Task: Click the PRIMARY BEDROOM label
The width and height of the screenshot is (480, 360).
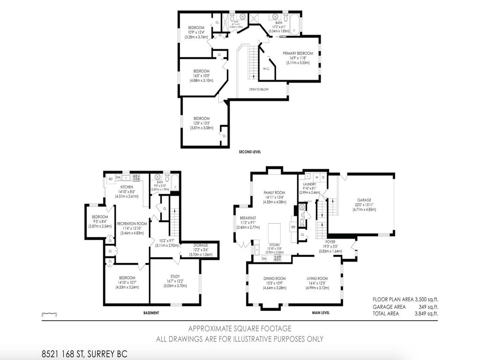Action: [x=298, y=53]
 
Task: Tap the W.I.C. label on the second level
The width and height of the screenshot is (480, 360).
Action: [x=266, y=69]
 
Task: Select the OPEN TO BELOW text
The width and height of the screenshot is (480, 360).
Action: [x=259, y=89]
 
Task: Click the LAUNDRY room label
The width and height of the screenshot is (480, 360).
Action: [x=309, y=184]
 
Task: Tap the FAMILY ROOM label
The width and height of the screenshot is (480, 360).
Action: [x=274, y=193]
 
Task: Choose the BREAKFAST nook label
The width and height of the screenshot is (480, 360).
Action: [x=248, y=218]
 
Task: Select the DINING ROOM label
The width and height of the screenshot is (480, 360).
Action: [x=275, y=278]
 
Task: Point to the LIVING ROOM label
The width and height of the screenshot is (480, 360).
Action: [x=317, y=278]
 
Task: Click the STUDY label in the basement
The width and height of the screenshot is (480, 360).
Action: [x=174, y=276]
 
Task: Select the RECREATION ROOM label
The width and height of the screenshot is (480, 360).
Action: [x=132, y=224]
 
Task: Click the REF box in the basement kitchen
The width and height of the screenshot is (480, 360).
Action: [x=111, y=179]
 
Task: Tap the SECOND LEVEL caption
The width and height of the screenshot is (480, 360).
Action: [x=249, y=152]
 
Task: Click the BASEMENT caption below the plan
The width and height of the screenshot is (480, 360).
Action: [x=151, y=313]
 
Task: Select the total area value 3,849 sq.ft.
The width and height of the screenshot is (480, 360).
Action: [x=425, y=314]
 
